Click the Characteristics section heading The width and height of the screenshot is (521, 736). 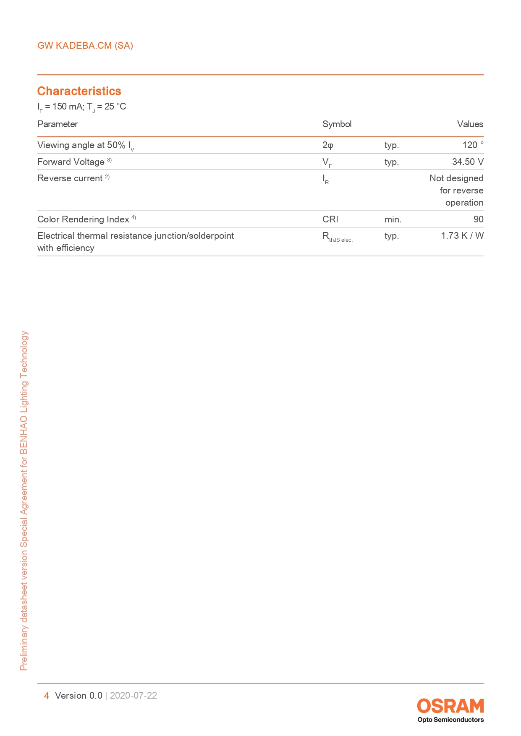(x=79, y=91)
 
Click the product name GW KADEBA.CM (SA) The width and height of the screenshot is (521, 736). (x=85, y=46)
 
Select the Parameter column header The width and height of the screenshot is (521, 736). (x=58, y=124)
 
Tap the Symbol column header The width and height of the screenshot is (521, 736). (x=337, y=124)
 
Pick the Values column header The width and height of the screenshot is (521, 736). (x=470, y=124)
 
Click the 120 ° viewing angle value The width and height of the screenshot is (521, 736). (x=473, y=145)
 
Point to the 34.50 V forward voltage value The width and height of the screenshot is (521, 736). (x=467, y=162)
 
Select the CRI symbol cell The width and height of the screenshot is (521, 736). (x=330, y=219)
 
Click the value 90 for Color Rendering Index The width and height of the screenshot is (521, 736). (x=478, y=219)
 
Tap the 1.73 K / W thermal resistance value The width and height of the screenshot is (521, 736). (x=462, y=236)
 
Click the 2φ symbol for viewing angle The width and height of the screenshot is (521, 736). (x=327, y=145)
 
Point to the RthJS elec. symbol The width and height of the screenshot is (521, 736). (x=337, y=237)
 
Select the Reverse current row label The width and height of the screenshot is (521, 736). (x=70, y=178)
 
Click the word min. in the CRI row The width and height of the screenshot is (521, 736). (x=393, y=219)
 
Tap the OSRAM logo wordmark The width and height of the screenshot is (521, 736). (x=450, y=706)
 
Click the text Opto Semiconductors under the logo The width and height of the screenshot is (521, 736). (x=450, y=720)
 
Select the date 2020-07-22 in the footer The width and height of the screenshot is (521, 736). (x=134, y=696)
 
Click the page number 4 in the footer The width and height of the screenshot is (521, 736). (x=46, y=696)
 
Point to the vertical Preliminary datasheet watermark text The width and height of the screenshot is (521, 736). (x=24, y=500)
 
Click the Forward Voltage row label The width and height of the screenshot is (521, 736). (x=71, y=162)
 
